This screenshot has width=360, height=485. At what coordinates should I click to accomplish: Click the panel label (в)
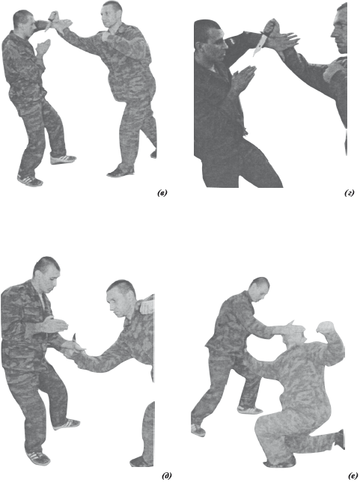pos(162,194)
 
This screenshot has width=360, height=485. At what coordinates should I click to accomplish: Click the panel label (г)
pos(350,194)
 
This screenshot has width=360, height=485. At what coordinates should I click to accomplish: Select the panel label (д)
pos(166,476)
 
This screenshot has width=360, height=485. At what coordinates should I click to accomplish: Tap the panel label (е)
pos(352,476)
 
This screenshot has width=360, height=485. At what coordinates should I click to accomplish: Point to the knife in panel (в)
pos(50,22)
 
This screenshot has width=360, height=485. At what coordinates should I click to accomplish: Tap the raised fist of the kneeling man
pos(325,328)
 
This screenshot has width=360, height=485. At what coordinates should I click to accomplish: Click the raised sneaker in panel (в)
pos(63,159)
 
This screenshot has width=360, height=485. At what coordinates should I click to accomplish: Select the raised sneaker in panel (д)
pos(66,424)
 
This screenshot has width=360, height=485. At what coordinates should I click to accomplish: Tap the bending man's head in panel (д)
pos(120,298)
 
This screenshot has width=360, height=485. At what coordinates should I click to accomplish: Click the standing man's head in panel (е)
pos(260,289)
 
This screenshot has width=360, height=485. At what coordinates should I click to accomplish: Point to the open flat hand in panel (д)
pos(55,325)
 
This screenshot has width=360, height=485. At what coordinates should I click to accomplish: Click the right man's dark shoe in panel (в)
pos(120,172)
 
